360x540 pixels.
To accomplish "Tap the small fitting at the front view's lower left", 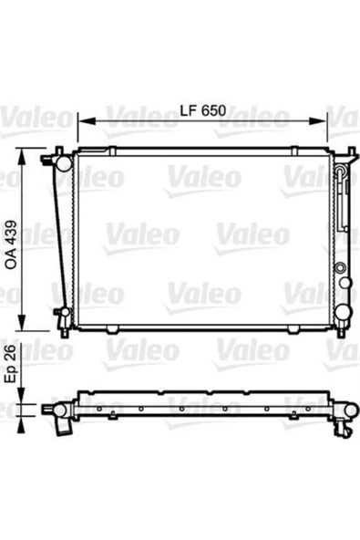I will pyautogui.click(x=59, y=312).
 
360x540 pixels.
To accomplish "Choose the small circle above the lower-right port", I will pyautogui.click(x=340, y=268).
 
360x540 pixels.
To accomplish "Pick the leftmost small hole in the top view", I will pyautogui.click(x=90, y=409).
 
